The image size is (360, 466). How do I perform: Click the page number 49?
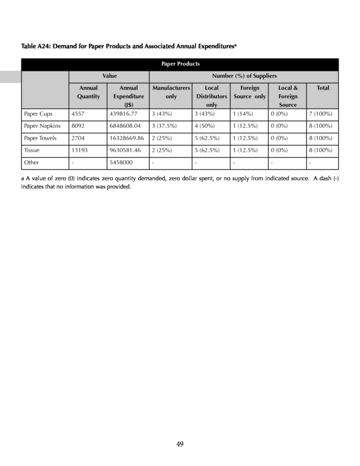click(x=180, y=444)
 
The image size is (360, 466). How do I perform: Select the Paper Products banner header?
click(x=180, y=64)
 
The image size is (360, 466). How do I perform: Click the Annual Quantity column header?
click(x=88, y=92)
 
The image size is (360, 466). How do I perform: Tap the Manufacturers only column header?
click(x=171, y=92)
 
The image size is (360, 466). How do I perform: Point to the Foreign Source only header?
click(x=250, y=92)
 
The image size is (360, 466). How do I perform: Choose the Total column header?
click(x=323, y=88)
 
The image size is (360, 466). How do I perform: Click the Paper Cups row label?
click(x=38, y=114)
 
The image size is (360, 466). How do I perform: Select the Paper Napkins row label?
click(x=42, y=126)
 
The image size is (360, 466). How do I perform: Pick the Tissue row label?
click(x=32, y=150)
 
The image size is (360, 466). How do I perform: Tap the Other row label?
click(x=31, y=163)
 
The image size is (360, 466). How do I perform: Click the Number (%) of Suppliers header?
click(x=244, y=75)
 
